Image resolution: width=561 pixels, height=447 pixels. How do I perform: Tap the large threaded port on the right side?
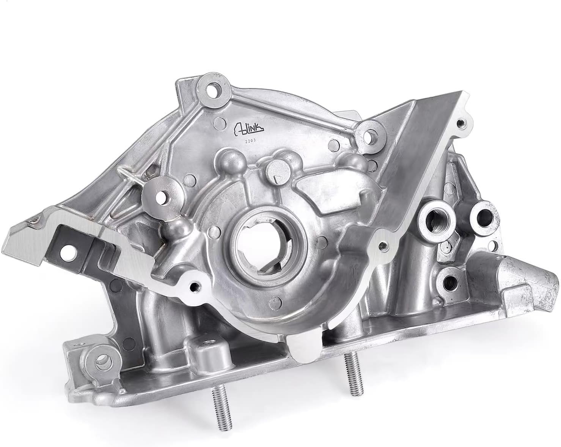pyautogui.click(x=432, y=218)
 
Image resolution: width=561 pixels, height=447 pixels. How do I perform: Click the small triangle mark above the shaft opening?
pyautogui.click(x=277, y=178)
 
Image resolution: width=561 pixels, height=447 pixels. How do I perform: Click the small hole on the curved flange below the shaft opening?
pyautogui.click(x=195, y=286)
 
